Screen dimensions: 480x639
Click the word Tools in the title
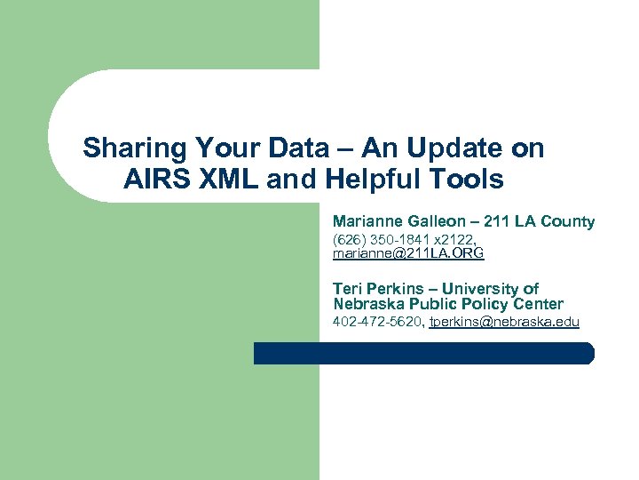[x=465, y=180]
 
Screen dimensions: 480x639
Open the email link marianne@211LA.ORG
[x=408, y=253]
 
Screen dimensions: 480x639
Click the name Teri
[x=348, y=288]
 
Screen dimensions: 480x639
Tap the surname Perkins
[x=396, y=288]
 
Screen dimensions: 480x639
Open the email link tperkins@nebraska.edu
[x=503, y=322]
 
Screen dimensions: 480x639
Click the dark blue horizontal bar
[x=423, y=353]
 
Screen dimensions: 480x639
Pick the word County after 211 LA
[x=568, y=220]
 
